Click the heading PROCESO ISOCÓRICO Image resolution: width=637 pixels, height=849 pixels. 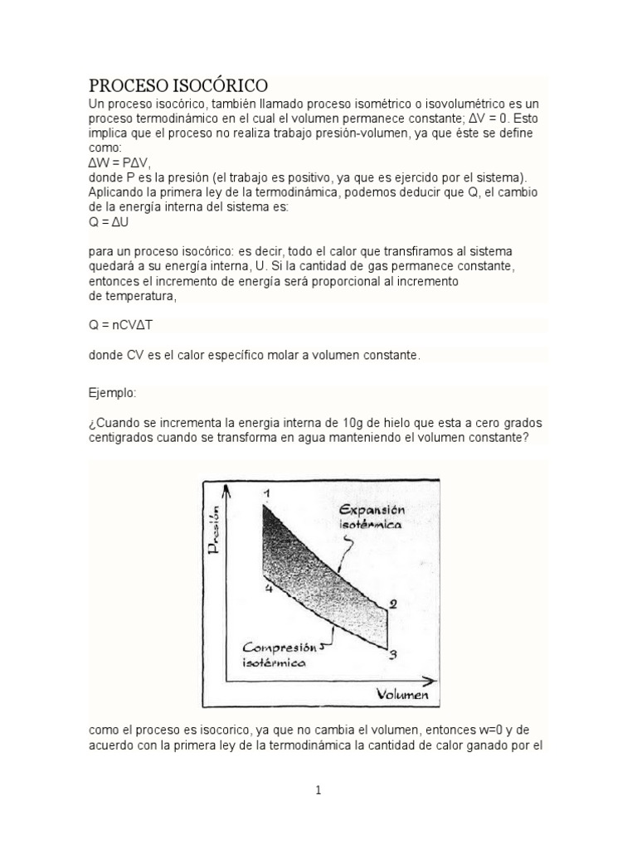pyautogui.click(x=178, y=85)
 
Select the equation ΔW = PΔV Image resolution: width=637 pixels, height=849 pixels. pyautogui.click(x=120, y=163)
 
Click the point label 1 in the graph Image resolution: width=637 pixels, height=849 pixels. pyautogui.click(x=267, y=494)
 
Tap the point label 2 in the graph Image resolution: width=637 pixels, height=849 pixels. pyautogui.click(x=393, y=604)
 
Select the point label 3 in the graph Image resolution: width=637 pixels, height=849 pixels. pyautogui.click(x=393, y=654)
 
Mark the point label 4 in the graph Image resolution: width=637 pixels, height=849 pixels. pyautogui.click(x=268, y=589)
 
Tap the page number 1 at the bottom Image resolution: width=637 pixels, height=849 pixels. pyautogui.click(x=318, y=790)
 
